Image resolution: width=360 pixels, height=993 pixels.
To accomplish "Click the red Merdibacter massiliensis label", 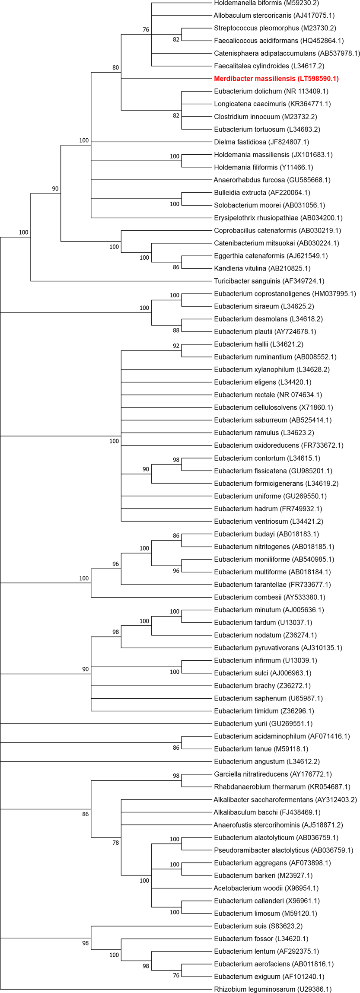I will [276, 79].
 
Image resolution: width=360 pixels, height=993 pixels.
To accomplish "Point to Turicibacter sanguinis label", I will [269, 281].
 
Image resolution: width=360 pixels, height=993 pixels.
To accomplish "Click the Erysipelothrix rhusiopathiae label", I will [278, 218].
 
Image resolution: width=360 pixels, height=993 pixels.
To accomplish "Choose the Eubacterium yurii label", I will [263, 723].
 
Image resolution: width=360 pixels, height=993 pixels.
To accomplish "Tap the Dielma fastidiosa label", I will [261, 142].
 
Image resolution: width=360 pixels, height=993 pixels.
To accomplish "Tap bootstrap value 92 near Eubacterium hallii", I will [176, 346].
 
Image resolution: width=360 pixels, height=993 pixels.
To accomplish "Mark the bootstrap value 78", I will [116, 843].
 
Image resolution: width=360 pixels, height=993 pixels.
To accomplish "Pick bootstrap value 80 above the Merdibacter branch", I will [116, 67].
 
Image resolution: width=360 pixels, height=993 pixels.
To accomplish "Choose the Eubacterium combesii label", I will [270, 597].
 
